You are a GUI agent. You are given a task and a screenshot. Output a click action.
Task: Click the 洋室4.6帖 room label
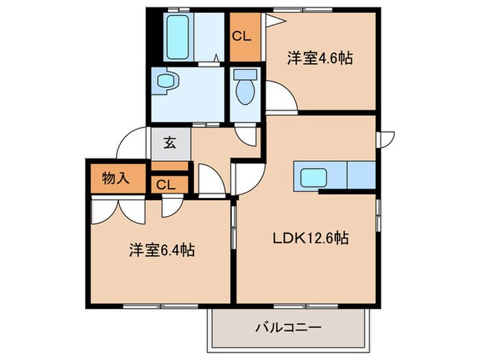[320, 58]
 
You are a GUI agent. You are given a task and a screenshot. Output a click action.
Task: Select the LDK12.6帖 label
[311, 239]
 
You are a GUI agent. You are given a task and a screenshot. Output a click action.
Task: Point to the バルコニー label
[289, 327]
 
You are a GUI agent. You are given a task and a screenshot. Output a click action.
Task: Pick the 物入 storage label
[115, 179]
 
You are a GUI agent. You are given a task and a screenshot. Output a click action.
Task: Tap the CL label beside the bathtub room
[241, 36]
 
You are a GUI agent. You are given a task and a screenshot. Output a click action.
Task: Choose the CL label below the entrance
[166, 184]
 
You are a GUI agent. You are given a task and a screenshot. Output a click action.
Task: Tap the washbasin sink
[167, 82]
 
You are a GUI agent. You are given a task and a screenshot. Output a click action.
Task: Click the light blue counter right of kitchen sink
[361, 175]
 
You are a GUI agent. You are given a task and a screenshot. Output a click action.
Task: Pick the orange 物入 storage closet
[115, 179]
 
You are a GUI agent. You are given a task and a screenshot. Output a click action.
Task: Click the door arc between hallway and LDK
[249, 179]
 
